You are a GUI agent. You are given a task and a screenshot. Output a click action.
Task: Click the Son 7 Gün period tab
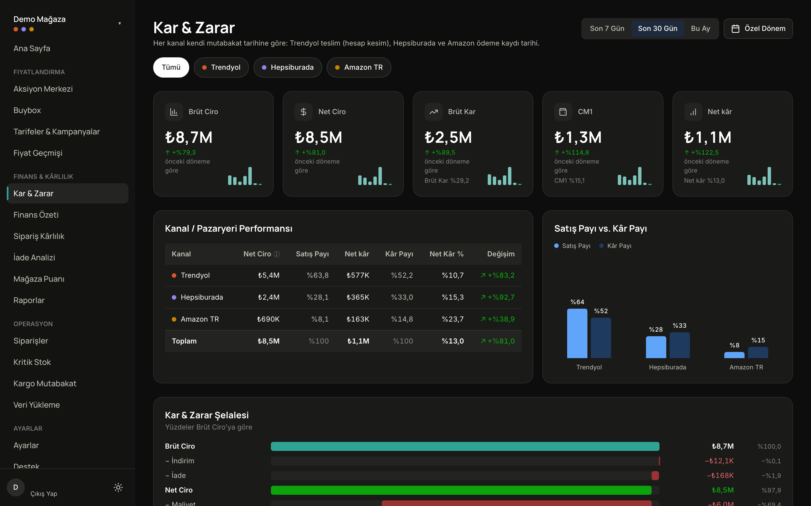607,28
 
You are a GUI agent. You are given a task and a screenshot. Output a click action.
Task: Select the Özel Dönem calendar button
758,28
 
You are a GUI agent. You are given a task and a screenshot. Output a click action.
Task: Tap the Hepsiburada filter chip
288,67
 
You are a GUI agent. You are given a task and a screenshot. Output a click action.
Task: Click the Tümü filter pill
171,67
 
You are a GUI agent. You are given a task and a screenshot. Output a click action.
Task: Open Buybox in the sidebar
27,110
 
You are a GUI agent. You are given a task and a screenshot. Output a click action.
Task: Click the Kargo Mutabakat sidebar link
45,383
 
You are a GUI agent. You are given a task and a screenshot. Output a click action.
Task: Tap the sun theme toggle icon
118,487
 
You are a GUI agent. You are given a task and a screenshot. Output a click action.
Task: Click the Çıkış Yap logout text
44,494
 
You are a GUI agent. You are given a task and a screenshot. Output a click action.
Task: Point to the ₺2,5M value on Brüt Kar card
448,137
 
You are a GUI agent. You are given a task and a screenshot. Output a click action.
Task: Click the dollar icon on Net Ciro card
303,112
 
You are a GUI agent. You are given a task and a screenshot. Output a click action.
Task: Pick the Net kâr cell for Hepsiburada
358,297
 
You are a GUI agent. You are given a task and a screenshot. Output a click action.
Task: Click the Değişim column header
501,254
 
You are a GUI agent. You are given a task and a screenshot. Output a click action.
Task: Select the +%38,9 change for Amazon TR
498,319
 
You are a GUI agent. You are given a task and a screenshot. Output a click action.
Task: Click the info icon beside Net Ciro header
277,254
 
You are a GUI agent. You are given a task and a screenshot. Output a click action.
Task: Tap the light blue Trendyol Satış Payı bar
577,333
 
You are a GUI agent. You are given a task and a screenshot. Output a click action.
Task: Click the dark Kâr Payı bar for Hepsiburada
679,345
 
